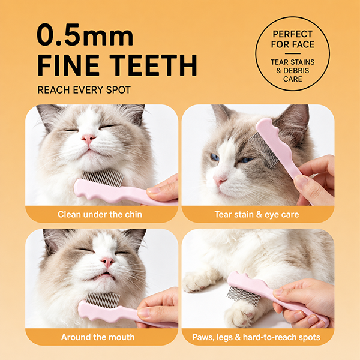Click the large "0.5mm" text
85,35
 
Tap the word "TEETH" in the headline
153,65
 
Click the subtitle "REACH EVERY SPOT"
84,90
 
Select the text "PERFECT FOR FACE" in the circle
293,39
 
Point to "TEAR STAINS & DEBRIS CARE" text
293,70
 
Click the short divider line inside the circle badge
293,54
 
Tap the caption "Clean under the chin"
100,214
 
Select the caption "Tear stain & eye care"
257,214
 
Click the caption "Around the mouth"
98,337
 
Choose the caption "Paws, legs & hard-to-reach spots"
256,337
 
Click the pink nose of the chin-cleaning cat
89,138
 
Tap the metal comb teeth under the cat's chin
103,177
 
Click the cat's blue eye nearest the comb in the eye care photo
247,160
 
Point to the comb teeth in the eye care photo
263,150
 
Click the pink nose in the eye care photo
220,180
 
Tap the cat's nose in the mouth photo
107,261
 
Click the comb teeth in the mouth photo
103,299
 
